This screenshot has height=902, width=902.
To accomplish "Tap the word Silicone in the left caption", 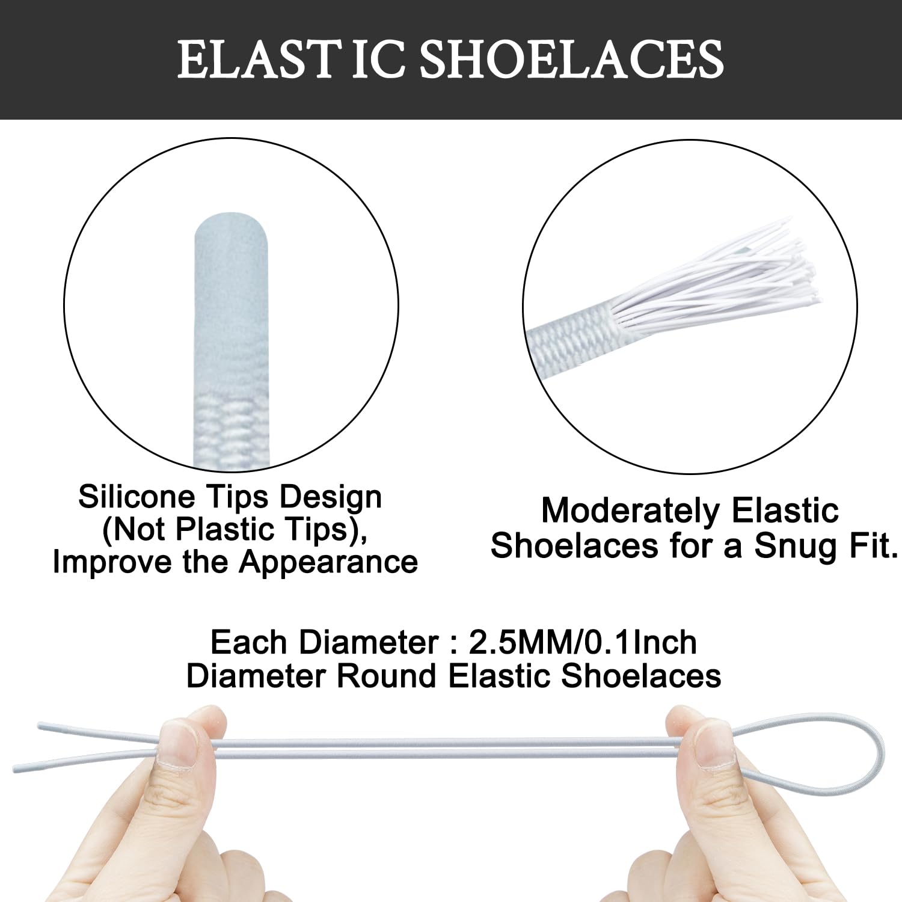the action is click(x=137, y=497).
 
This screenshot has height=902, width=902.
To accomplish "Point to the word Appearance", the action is click(x=328, y=562).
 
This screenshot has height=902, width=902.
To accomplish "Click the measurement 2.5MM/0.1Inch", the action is click(x=582, y=642).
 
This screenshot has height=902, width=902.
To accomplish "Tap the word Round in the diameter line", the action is click(x=387, y=675).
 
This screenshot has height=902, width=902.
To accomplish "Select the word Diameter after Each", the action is click(x=369, y=642).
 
